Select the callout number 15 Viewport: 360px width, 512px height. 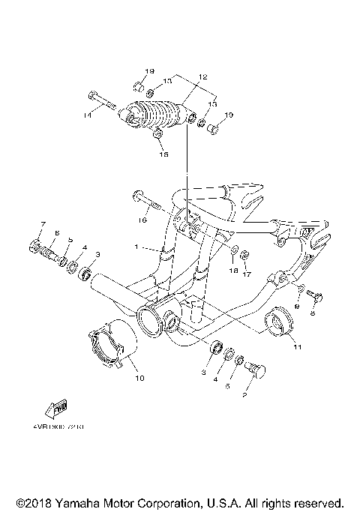(163, 154)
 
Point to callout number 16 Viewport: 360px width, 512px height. (140, 220)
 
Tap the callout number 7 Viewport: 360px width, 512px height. (43, 224)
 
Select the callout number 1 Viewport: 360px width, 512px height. (136, 247)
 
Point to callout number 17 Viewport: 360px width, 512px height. (244, 274)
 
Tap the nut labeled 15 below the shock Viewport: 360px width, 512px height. (158, 134)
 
